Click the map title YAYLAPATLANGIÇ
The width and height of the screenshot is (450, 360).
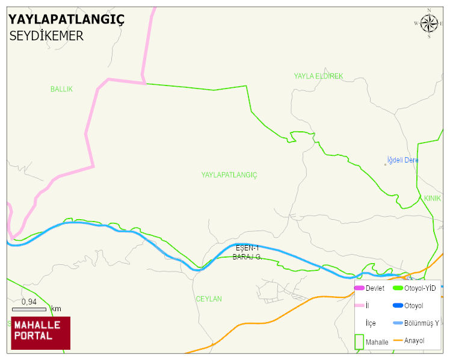point(66,19)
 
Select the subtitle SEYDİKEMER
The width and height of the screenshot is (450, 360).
point(46,36)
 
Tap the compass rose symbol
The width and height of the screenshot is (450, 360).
point(429,23)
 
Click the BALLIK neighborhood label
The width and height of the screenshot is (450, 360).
point(61,89)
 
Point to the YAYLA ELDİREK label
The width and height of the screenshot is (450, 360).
point(318,76)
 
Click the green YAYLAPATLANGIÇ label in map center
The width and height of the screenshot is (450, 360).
point(229,175)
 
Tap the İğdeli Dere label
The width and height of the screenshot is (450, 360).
point(402,160)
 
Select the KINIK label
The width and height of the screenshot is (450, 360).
point(432,198)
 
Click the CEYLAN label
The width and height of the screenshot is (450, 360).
point(209,299)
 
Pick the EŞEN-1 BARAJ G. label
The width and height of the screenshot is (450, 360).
point(247,252)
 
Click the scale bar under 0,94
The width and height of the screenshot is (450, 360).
point(29,309)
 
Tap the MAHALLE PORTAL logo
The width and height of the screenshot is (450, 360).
point(40,332)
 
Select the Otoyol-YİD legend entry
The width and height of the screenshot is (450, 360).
point(419,288)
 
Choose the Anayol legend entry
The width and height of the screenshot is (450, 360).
point(414,341)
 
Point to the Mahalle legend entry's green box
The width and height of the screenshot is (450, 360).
point(359,341)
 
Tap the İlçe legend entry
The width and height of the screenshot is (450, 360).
point(371,323)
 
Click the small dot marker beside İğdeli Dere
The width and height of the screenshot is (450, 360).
point(386,164)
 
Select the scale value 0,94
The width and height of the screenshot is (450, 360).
point(29,302)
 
